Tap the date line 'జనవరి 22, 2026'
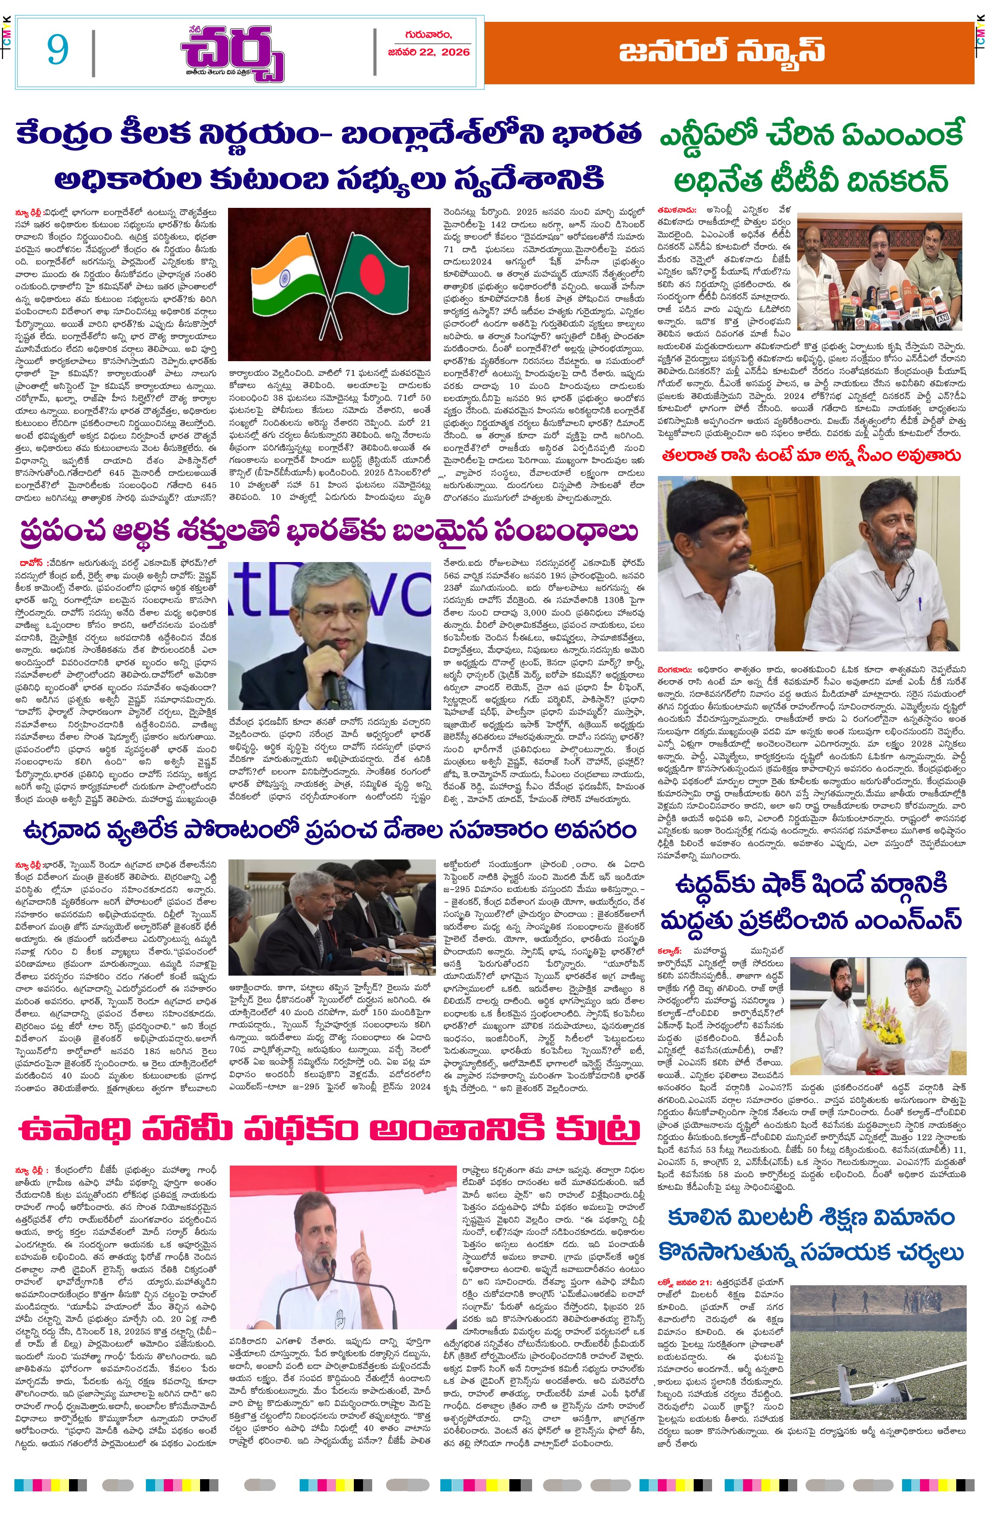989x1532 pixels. click(429, 52)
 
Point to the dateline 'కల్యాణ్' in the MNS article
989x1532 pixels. click(672, 949)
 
